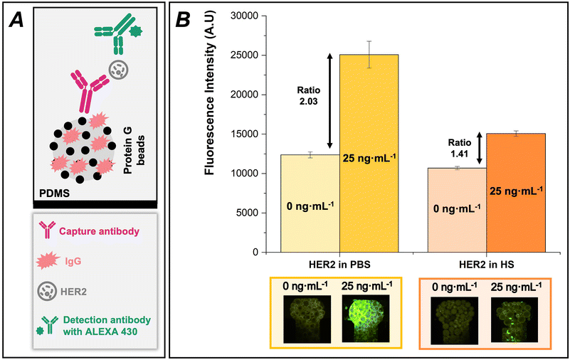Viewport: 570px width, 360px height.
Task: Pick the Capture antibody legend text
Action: click(97, 231)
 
